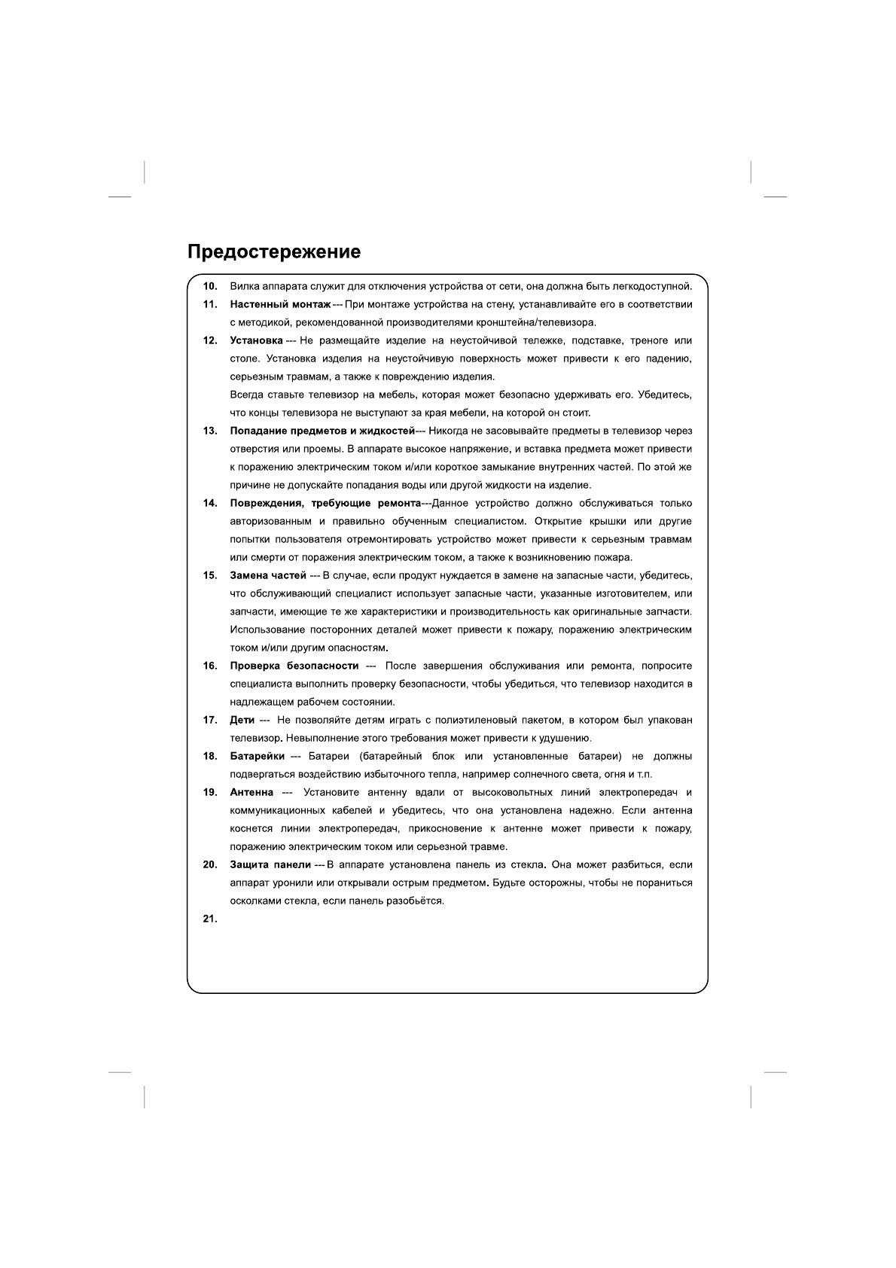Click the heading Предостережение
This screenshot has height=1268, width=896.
pyautogui.click(x=273, y=252)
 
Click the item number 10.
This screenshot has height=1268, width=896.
pyautogui.click(x=210, y=286)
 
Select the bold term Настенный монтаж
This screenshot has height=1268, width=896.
pyautogui.click(x=280, y=304)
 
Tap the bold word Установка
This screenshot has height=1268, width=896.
pyautogui.click(x=256, y=340)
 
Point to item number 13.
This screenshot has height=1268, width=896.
pyautogui.click(x=210, y=431)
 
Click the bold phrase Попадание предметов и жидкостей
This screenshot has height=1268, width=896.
pyautogui.click(x=322, y=431)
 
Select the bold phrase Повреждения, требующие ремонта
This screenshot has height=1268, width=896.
pyautogui.click(x=325, y=503)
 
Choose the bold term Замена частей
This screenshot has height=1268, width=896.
pyautogui.click(x=267, y=575)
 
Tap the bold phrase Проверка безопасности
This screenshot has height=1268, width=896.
pyautogui.click(x=294, y=666)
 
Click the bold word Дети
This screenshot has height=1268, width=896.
pyautogui.click(x=242, y=720)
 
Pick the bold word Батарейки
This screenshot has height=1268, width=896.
pyautogui.click(x=257, y=756)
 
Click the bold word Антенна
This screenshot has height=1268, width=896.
pyautogui.click(x=251, y=792)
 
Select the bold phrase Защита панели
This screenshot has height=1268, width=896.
pyautogui.click(x=270, y=864)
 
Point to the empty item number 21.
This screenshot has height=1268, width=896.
pyautogui.click(x=210, y=919)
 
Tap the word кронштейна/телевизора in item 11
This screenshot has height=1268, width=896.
pyautogui.click(x=536, y=322)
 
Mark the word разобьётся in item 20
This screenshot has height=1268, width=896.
pyautogui.click(x=418, y=901)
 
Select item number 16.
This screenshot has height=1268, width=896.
pyautogui.click(x=210, y=666)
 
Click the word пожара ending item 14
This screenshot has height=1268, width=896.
pyautogui.click(x=614, y=557)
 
